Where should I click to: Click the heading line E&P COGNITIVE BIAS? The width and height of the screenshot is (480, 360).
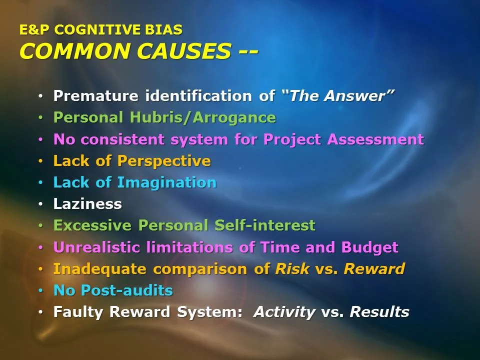pos(100,30)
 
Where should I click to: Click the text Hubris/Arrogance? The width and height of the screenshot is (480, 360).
pos(202,117)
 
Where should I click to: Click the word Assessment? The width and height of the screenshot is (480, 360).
pos(375,139)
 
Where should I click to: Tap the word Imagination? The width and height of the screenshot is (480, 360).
pos(166,182)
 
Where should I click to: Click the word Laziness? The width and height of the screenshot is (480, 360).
pos(87,204)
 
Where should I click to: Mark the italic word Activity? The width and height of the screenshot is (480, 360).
pos(284,312)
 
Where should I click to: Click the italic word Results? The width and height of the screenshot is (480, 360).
pos(379,312)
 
